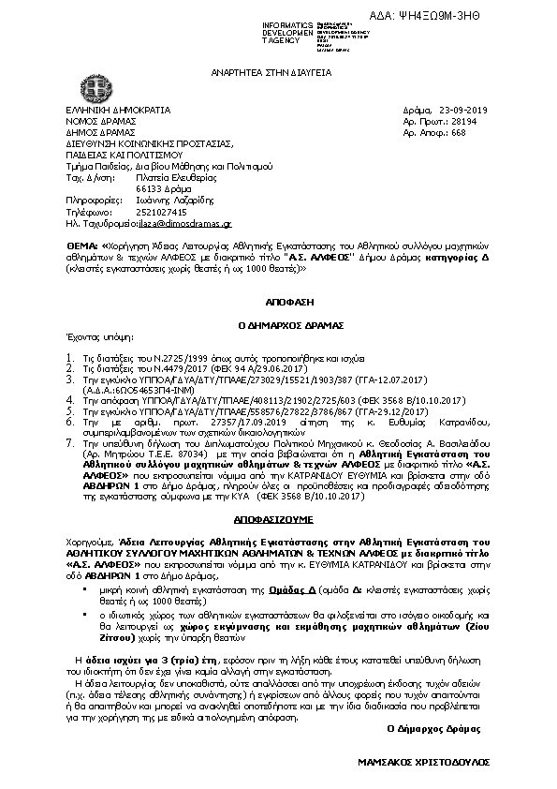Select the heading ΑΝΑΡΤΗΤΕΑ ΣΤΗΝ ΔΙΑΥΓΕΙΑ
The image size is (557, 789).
(x=277, y=72)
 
